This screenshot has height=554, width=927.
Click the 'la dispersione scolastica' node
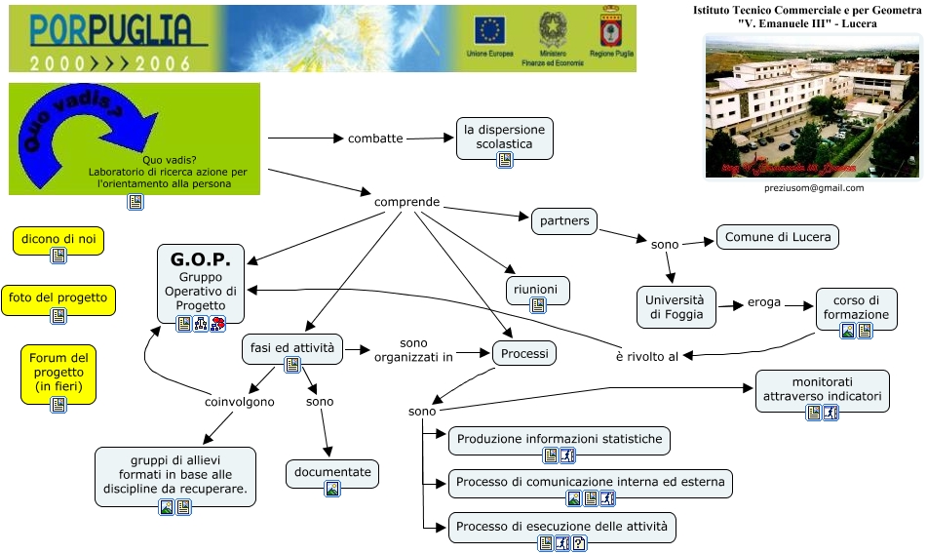[x=504, y=137]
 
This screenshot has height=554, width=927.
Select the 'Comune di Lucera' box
[x=778, y=236]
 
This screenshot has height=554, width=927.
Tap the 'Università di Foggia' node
[x=676, y=307]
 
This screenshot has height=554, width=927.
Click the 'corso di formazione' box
[x=856, y=307]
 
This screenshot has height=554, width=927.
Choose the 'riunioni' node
[x=538, y=289]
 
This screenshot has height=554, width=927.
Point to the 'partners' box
[x=564, y=221]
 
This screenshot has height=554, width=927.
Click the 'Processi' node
[x=524, y=353]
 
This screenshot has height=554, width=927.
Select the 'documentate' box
[x=332, y=472]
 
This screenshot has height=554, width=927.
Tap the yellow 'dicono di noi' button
[x=58, y=240]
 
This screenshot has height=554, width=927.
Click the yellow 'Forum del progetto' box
[x=58, y=371]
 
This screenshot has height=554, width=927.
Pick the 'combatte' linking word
[x=375, y=138]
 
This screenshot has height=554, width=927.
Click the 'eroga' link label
[x=764, y=302]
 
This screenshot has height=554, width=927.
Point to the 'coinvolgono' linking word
[x=240, y=401]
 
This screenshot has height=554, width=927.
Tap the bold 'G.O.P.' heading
[x=200, y=260]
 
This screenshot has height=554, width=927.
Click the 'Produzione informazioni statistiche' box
[x=560, y=439]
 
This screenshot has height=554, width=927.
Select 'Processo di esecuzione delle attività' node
[x=562, y=528]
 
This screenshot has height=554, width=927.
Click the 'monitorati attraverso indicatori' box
[x=823, y=389]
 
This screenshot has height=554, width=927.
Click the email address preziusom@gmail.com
[x=813, y=188]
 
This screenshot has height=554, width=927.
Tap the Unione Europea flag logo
[x=489, y=29]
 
